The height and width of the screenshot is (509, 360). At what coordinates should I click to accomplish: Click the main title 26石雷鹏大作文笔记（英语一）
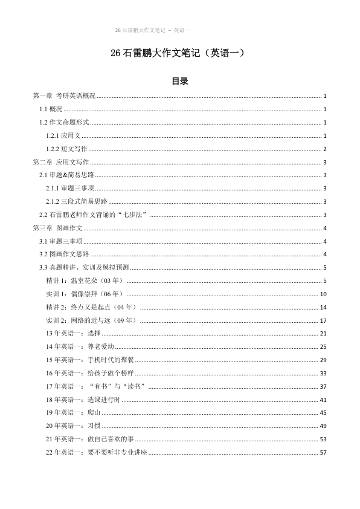(179, 54)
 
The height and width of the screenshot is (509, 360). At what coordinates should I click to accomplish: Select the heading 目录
(179, 82)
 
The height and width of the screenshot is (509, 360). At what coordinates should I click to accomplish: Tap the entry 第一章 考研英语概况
(64, 96)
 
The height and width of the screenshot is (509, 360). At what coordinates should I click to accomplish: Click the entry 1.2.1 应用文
(63, 136)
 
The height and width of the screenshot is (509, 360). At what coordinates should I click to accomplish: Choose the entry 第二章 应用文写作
(60, 163)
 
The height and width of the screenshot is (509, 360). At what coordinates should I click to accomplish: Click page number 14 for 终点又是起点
(323, 307)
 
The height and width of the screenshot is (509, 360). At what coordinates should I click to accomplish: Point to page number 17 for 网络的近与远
(323, 320)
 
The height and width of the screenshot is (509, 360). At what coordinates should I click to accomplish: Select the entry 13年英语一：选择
(73, 334)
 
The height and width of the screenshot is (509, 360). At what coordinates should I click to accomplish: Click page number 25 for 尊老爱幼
(323, 347)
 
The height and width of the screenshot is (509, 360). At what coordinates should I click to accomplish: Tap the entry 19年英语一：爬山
(73, 413)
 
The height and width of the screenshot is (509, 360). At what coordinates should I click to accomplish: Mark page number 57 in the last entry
(323, 453)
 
